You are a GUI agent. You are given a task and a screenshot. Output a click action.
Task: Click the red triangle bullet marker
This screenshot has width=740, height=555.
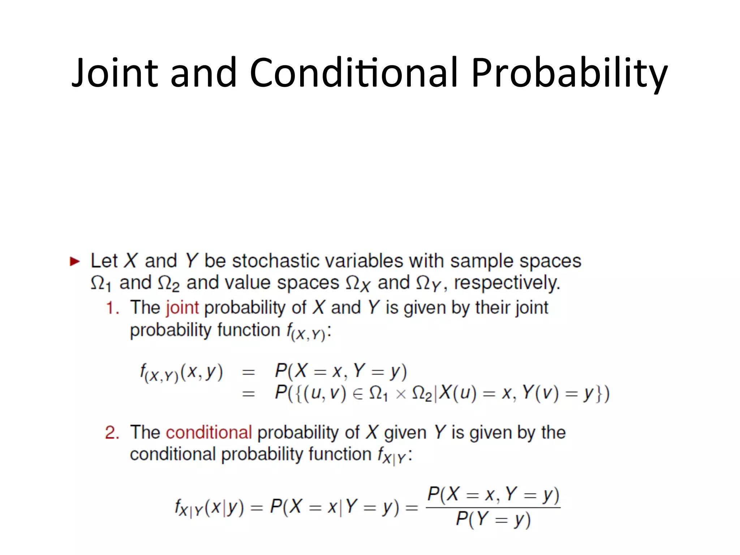74,261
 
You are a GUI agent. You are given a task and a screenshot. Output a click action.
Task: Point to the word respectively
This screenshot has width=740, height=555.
507,283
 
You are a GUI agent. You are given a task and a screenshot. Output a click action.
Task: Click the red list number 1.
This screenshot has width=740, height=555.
112,308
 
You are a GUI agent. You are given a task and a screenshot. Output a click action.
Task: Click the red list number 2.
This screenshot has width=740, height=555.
112,433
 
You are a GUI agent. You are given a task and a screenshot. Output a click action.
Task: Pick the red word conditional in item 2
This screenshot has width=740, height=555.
208,433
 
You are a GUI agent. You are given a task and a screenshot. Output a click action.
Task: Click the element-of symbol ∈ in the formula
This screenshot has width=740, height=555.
357,394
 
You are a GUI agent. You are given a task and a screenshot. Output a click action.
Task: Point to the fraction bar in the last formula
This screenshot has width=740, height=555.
493,507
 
